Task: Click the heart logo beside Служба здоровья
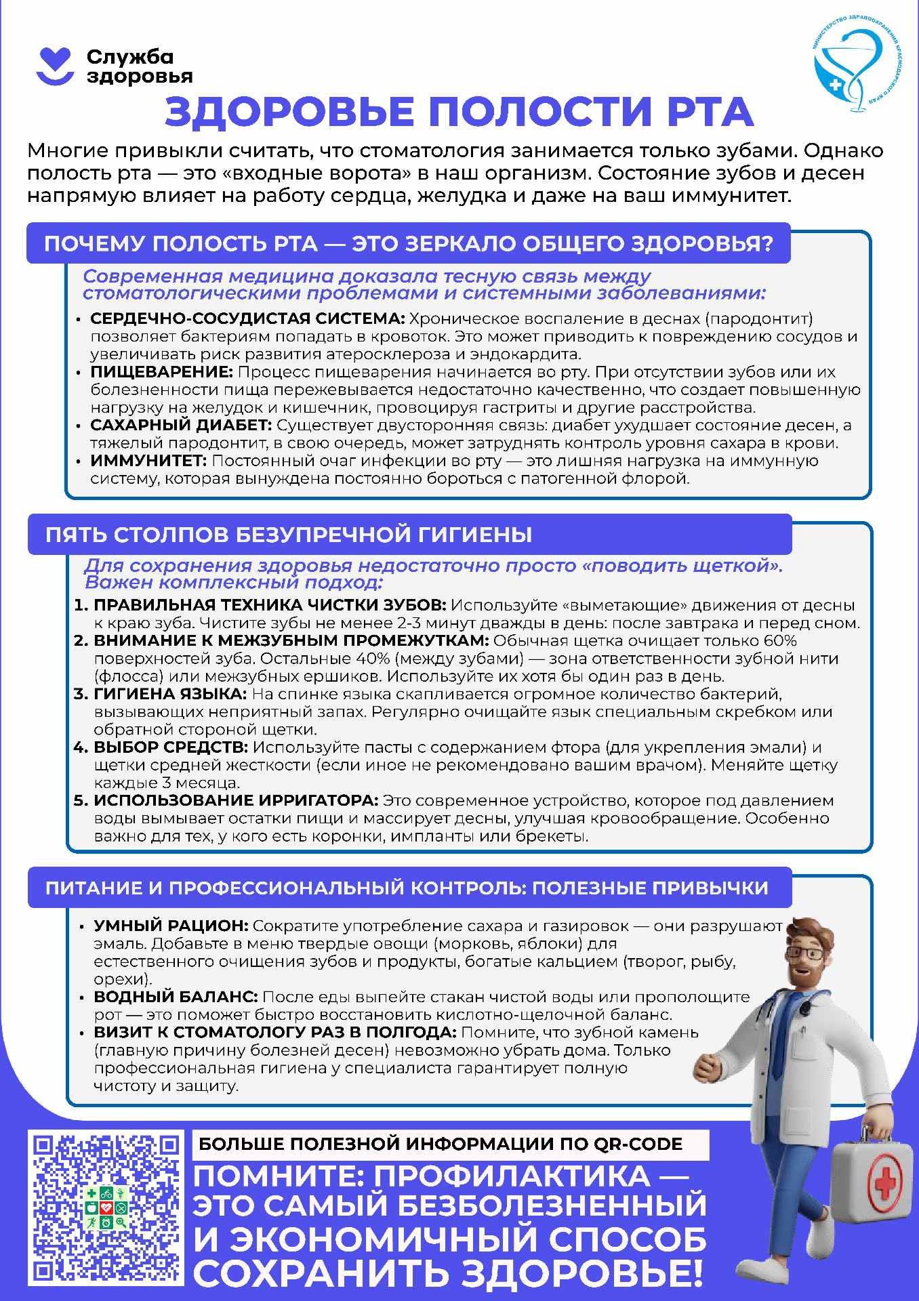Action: tap(54, 66)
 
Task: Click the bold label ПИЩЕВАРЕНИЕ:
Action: tap(161, 372)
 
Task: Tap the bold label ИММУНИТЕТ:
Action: tap(148, 461)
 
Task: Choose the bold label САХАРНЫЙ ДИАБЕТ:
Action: tap(181, 426)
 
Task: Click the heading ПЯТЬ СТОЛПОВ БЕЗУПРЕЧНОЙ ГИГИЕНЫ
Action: tap(289, 535)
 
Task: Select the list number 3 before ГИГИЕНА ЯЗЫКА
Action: tap(81, 694)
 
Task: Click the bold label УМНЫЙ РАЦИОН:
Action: tap(171, 926)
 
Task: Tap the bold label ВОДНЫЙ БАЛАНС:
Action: tap(176, 997)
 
